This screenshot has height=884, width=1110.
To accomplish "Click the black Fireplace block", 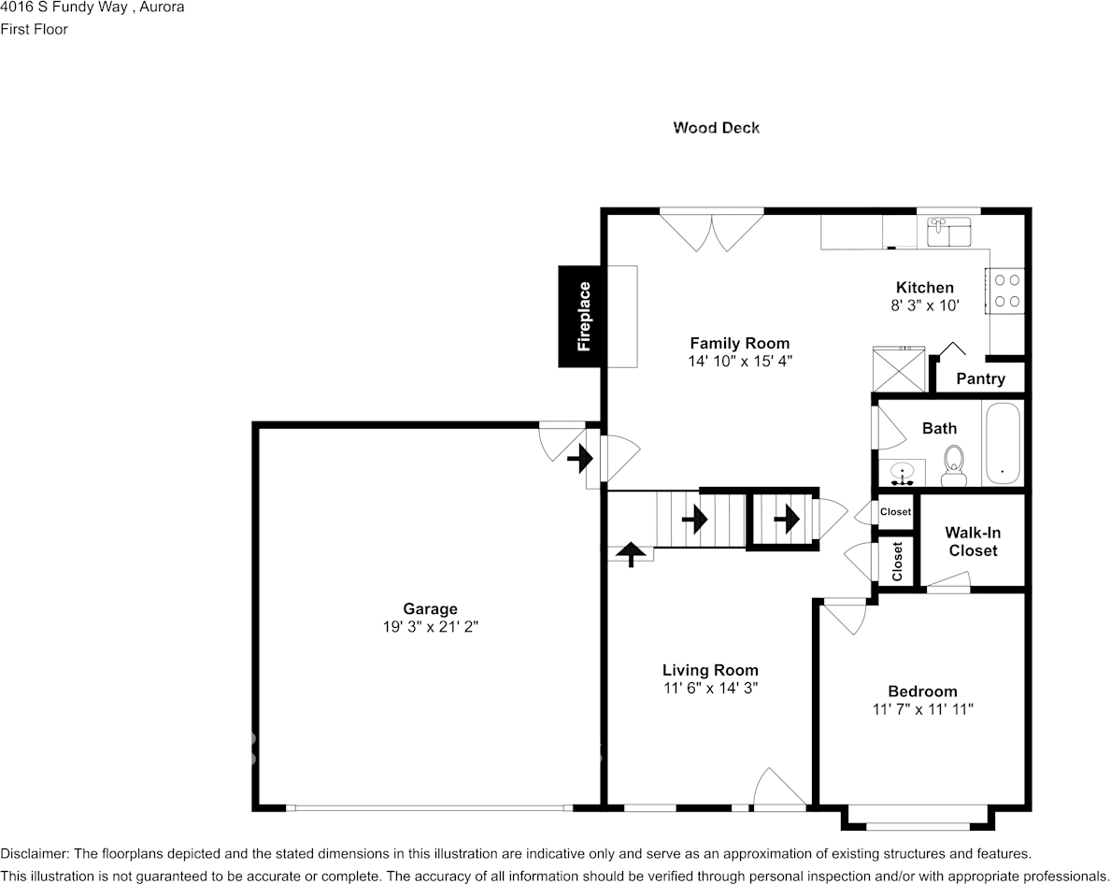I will (x=583, y=316).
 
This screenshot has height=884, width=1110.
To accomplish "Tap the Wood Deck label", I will (x=716, y=128).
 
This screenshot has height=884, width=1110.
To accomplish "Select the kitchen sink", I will (x=948, y=231).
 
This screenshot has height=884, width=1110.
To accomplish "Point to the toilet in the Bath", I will (x=953, y=465).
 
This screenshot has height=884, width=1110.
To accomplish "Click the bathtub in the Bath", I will (x=1003, y=444).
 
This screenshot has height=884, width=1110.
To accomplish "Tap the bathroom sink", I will (x=902, y=473).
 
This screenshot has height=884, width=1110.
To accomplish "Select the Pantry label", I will (x=980, y=378).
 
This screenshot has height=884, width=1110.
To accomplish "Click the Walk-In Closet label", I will (x=973, y=541).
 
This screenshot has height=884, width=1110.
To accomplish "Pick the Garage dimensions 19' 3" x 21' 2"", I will (x=430, y=628).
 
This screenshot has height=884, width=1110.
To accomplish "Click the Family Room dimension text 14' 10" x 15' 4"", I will (x=739, y=361).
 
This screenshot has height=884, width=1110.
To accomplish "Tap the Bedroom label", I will (x=922, y=692).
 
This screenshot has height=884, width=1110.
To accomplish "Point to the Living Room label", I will (x=710, y=670).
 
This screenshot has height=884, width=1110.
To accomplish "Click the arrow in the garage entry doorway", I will (x=580, y=458).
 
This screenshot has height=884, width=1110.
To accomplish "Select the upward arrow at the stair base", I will (x=631, y=554).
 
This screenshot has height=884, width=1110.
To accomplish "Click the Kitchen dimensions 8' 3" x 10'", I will (x=925, y=305).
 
